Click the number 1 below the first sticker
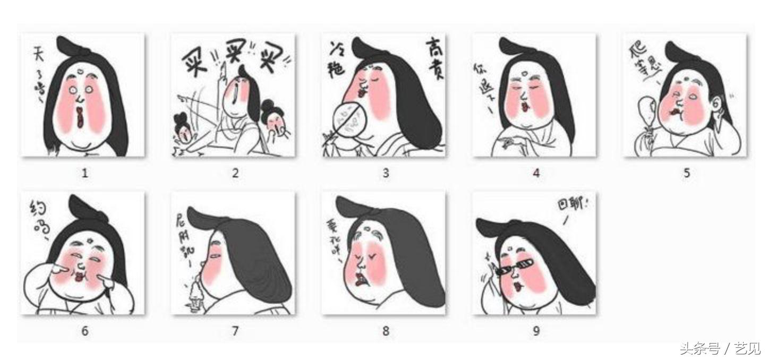coord(84,173)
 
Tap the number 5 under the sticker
coord(687,173)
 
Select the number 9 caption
coord(536,331)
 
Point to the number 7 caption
coord(235,331)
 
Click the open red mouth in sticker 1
coord(80,118)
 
